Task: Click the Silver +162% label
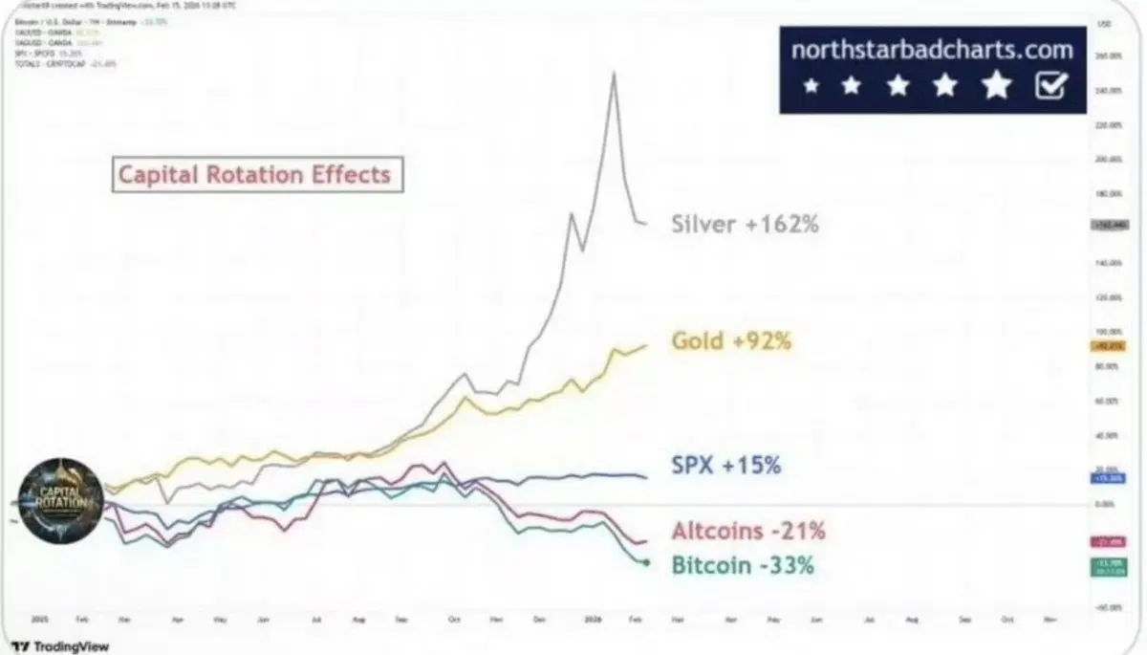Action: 746,225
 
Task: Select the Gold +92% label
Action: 731,340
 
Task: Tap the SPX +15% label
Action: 726,466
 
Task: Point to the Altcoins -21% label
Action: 748,531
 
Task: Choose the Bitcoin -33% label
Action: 743,565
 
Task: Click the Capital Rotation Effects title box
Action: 253,175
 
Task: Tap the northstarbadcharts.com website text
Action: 932,50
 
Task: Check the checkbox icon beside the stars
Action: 1050,87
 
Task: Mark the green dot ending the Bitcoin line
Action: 647,562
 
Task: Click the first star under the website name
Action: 812,87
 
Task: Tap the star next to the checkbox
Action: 996,87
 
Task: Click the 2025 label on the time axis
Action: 38,620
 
